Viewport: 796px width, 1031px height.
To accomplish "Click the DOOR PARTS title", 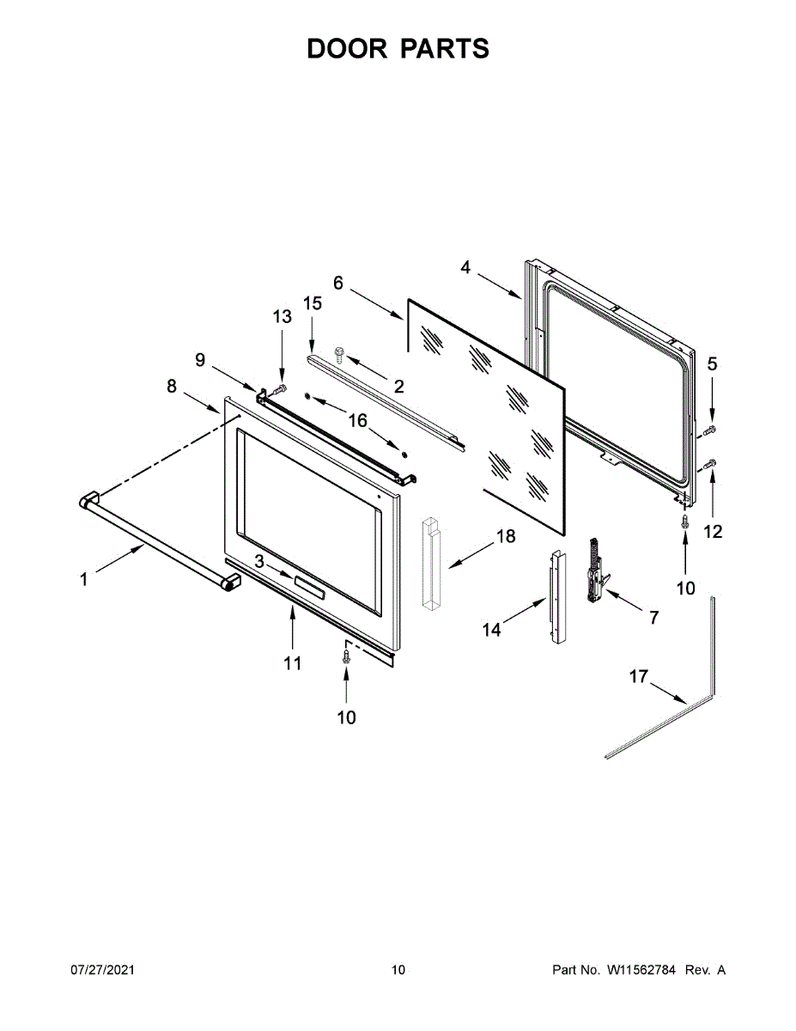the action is (398, 49).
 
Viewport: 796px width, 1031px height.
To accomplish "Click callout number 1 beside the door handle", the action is (83, 580).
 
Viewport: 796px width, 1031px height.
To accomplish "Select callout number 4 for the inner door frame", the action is (465, 267).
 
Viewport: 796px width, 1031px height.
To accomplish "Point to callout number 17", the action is (638, 677).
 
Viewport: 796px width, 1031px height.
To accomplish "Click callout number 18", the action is (506, 537).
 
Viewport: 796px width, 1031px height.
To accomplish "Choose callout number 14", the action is (491, 630).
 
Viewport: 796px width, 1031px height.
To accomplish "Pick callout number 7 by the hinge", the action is (653, 617).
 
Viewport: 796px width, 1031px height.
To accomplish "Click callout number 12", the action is (713, 532).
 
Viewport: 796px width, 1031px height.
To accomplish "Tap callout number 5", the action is (712, 364).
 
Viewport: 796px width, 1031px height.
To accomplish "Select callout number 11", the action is (293, 662).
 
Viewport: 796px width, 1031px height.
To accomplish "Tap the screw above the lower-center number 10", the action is (346, 657).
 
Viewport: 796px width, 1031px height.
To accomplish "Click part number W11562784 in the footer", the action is (641, 970).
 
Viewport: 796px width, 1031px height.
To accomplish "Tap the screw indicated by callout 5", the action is (710, 428).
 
